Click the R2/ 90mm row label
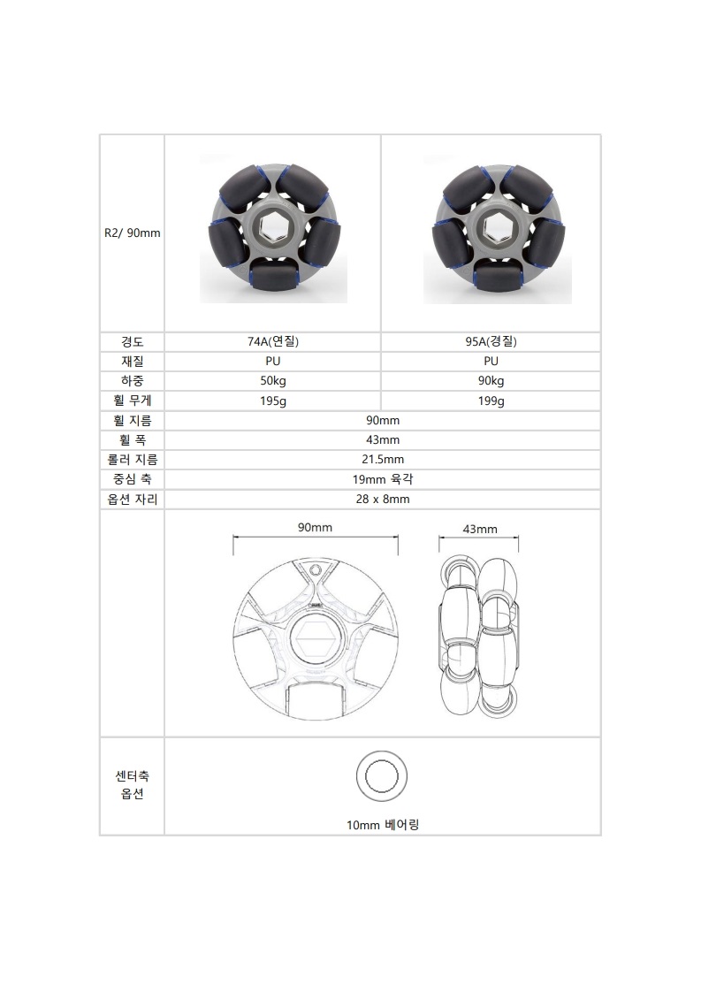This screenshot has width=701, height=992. pyautogui.click(x=131, y=234)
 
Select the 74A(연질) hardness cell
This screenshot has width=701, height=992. pyautogui.click(x=272, y=341)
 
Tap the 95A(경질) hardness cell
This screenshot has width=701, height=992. pyautogui.click(x=491, y=341)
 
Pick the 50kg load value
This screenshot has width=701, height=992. pyautogui.click(x=272, y=381)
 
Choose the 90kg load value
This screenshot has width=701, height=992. pyautogui.click(x=491, y=381)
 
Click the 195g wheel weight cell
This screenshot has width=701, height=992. pyautogui.click(x=272, y=401)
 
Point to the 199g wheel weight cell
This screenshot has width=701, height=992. pyautogui.click(x=491, y=401)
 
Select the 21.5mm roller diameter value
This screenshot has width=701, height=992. pyautogui.click(x=382, y=460)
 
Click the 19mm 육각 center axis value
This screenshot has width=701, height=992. pyautogui.click(x=382, y=479)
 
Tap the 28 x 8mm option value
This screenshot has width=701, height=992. pyautogui.click(x=382, y=499)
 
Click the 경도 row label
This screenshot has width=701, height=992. pyautogui.click(x=132, y=341)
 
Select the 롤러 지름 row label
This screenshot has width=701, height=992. pyautogui.click(x=132, y=460)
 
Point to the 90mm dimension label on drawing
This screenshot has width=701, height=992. pyautogui.click(x=315, y=527)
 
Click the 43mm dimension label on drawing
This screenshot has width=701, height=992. pyautogui.click(x=480, y=529)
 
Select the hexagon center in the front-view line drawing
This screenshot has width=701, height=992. pyautogui.click(x=315, y=637)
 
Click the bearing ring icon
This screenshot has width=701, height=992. pyautogui.click(x=382, y=775)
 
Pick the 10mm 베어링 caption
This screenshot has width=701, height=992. pyautogui.click(x=382, y=824)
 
